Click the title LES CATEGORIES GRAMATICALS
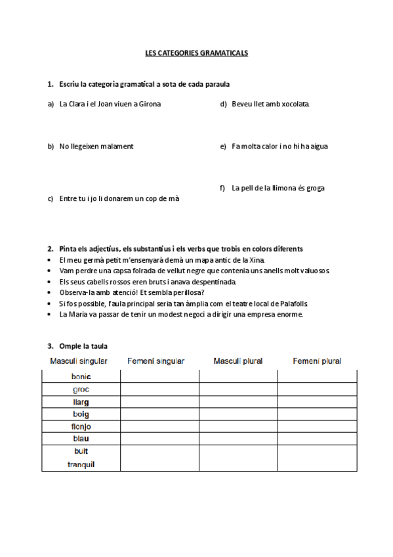click(x=196, y=53)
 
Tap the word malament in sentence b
click(x=118, y=146)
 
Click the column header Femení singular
click(x=156, y=361)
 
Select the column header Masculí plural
click(x=238, y=361)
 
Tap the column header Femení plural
click(x=317, y=361)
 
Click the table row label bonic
click(x=81, y=376)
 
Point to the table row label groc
click(x=81, y=389)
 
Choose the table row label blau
click(x=81, y=438)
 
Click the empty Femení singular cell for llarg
click(x=159, y=401)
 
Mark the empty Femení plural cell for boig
click(x=318, y=414)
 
